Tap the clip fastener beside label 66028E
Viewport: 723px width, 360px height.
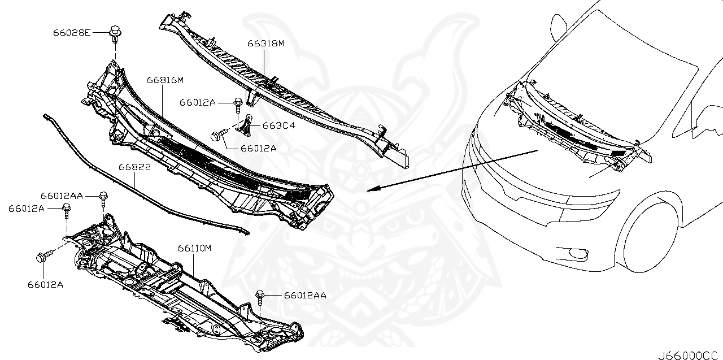click(115, 32)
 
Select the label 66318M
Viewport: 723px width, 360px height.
click(265, 43)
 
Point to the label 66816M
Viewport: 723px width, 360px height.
click(165, 80)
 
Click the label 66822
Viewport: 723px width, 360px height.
click(134, 167)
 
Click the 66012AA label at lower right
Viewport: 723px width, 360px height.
click(305, 295)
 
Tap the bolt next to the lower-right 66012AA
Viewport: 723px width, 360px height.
click(260, 296)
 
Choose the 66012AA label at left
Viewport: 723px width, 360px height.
click(62, 196)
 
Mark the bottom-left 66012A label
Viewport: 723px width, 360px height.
click(44, 284)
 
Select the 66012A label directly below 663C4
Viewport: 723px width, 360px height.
click(258, 148)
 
